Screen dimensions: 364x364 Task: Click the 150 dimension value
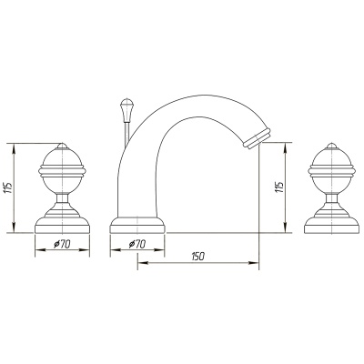tap(198, 257)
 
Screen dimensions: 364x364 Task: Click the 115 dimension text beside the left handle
tap(7, 188)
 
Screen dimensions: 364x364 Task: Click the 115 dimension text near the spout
tap(278, 187)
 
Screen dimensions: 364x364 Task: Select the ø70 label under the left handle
tap(62, 244)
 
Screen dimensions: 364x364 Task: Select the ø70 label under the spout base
tap(137, 244)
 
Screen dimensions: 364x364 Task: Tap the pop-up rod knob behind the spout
tap(126, 110)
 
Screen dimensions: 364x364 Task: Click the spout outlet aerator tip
tap(258, 139)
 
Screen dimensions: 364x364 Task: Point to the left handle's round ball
tap(62, 171)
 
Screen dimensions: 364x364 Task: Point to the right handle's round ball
tap(331, 171)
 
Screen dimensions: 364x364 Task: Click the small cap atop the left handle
tap(62, 146)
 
